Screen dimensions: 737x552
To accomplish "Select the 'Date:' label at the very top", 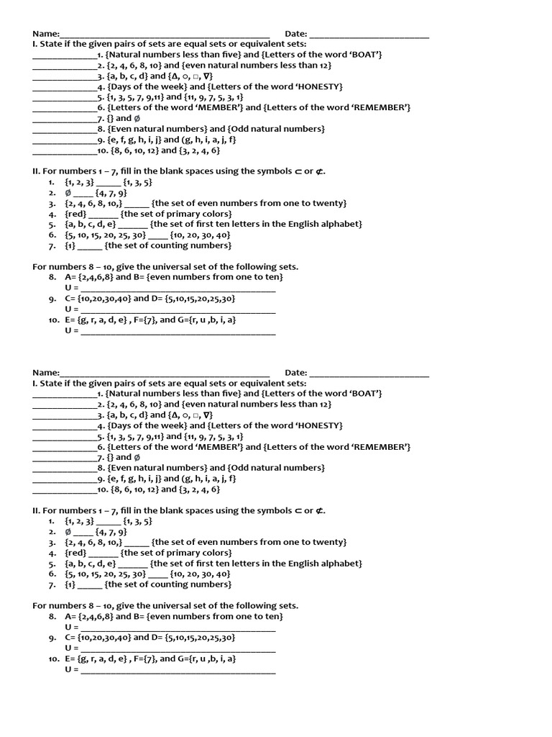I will coord(295,33).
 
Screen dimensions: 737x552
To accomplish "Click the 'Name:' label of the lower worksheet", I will coord(45,372).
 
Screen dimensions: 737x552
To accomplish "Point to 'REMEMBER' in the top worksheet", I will coord(382,107).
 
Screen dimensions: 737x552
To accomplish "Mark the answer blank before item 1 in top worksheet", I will coord(64,54).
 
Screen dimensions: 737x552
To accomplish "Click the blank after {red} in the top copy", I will coord(103,214).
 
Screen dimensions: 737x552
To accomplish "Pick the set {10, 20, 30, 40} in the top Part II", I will coord(201,235).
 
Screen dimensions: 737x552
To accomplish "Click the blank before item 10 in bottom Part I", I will coord(64,489).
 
